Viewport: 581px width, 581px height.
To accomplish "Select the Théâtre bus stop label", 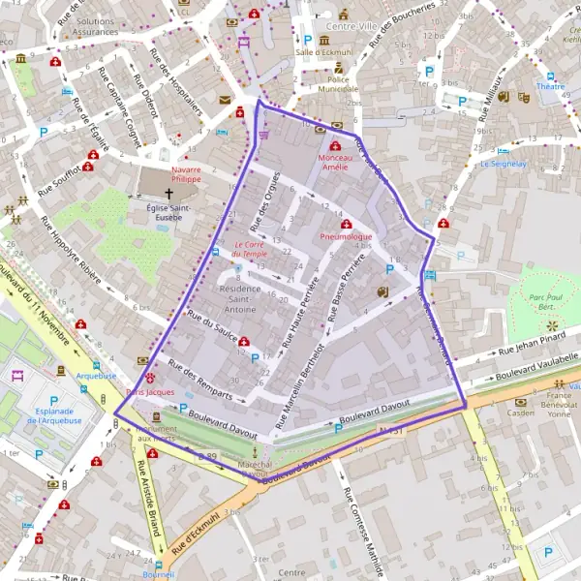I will (550, 86).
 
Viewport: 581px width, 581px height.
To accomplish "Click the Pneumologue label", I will (346, 236).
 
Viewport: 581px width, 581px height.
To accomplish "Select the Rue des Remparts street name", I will (199, 380).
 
